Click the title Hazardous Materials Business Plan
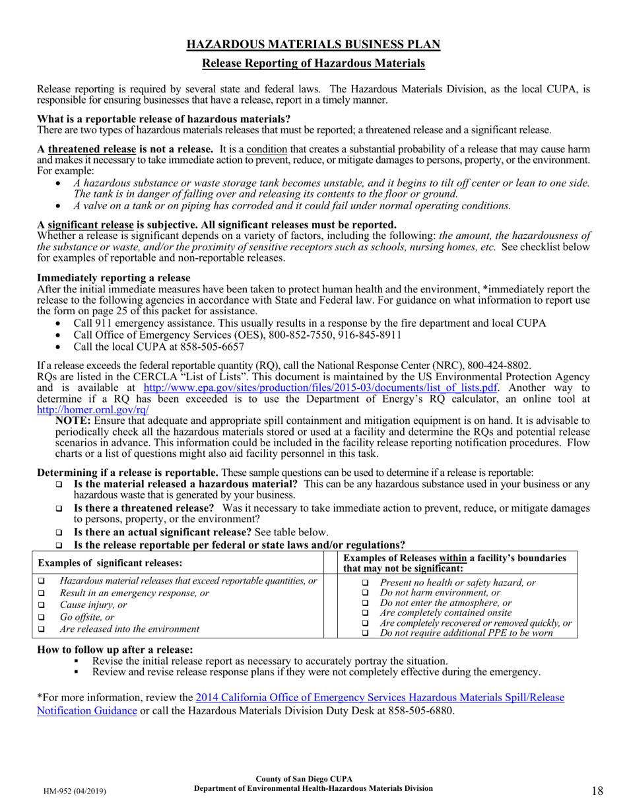313,44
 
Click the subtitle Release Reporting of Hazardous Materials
313,63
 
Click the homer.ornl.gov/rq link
93,409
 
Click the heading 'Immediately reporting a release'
114,278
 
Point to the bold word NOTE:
74,421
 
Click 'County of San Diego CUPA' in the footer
313,780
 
